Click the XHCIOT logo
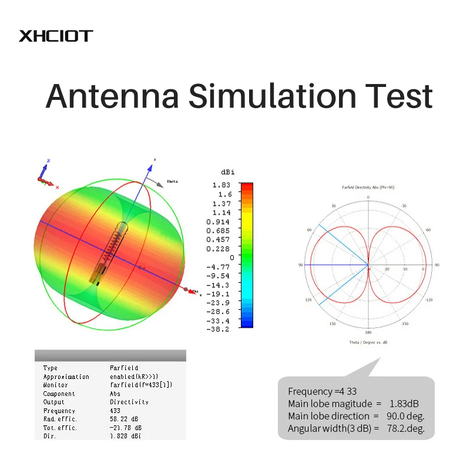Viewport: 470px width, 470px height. [56, 36]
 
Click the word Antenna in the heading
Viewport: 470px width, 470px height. [111, 96]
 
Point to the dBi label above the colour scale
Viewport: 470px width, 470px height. [228, 172]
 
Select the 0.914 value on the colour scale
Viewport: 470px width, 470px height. [219, 221]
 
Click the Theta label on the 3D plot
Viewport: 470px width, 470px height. [172, 182]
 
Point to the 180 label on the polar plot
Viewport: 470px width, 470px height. [368, 332]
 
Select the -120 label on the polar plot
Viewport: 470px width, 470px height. [428, 300]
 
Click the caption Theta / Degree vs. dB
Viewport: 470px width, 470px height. [368, 342]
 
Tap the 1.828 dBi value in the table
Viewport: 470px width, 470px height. [126, 436]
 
